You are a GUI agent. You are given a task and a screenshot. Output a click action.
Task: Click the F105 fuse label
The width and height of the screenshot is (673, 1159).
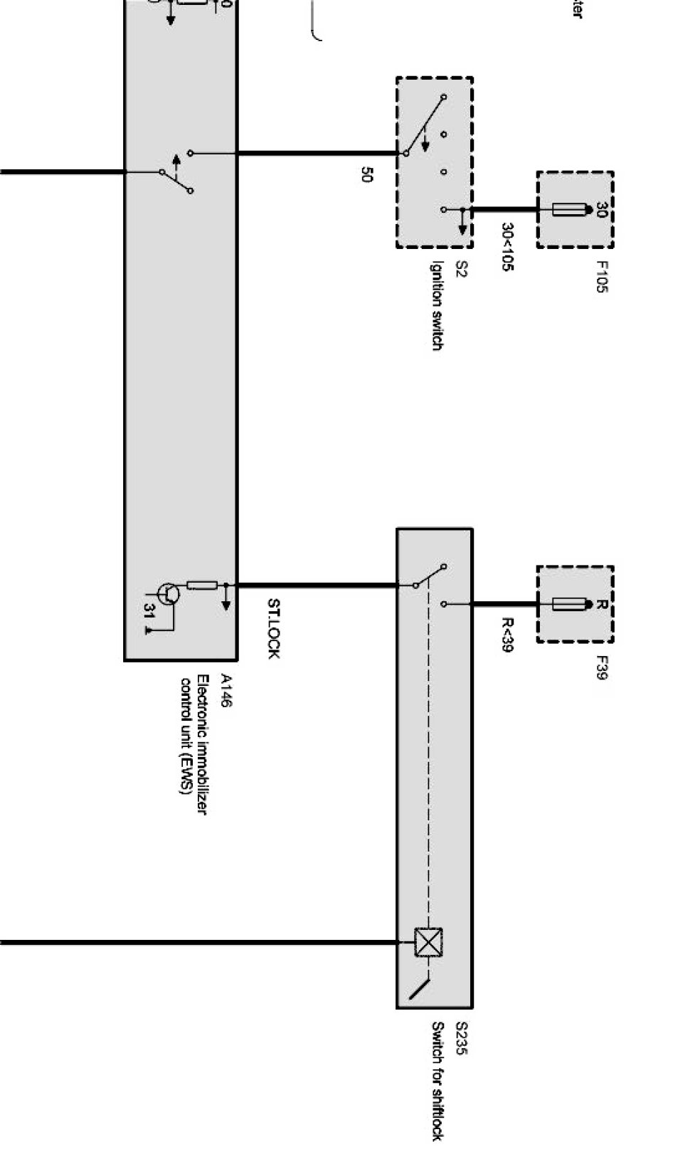(x=601, y=277)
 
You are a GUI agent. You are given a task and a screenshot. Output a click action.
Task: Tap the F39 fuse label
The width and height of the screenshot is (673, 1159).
(x=601, y=667)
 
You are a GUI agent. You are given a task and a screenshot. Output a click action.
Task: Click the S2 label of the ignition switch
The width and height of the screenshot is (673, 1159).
(x=460, y=270)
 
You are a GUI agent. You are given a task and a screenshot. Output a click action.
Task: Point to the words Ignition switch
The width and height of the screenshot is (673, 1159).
(x=437, y=306)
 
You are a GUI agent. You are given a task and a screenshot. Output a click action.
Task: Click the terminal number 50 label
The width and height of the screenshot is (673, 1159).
(x=366, y=174)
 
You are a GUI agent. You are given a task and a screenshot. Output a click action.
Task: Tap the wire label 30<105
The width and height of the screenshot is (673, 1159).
(x=508, y=247)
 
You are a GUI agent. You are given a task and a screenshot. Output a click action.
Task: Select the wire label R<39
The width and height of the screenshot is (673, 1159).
(x=507, y=634)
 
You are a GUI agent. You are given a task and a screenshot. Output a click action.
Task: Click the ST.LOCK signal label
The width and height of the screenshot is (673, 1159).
(x=273, y=628)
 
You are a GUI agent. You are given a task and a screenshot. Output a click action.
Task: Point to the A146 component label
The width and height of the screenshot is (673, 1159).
(x=226, y=690)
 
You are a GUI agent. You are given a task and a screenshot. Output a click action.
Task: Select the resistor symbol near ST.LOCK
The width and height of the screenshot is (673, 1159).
(x=202, y=586)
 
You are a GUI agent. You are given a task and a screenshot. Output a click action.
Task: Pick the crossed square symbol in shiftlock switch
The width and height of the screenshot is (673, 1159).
(x=428, y=943)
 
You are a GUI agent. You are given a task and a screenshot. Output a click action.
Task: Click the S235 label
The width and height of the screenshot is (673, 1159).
(x=461, y=1038)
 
